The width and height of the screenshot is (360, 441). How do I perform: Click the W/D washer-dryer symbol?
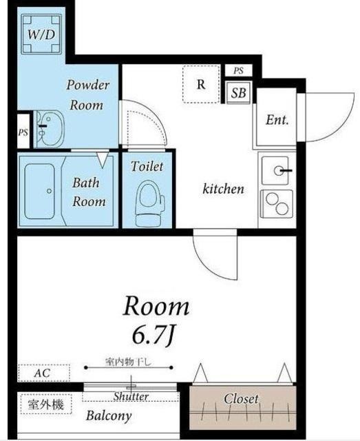[41, 34]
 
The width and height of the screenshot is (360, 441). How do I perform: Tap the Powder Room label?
[87, 95]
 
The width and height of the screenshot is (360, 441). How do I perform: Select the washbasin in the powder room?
[50, 129]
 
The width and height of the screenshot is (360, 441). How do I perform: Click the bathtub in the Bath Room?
[39, 192]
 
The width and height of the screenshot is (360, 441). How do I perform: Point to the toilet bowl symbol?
[149, 203]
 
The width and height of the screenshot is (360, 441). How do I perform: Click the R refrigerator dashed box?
[201, 84]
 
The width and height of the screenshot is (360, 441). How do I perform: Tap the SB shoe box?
[238, 93]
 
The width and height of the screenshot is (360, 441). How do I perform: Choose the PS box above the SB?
[238, 70]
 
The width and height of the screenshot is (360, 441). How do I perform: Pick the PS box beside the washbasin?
[23, 132]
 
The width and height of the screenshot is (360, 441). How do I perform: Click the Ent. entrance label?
[277, 120]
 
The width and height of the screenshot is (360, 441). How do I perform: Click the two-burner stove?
[277, 204]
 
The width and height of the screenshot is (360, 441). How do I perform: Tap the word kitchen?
[224, 188]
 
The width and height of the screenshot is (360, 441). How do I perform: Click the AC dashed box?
[44, 373]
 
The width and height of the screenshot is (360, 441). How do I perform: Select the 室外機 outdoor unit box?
[46, 404]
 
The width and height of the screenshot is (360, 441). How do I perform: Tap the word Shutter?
[131, 397]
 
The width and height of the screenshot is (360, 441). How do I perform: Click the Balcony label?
[109, 416]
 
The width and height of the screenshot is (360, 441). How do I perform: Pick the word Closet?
[241, 398]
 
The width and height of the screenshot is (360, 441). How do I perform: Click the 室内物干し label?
[129, 362]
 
